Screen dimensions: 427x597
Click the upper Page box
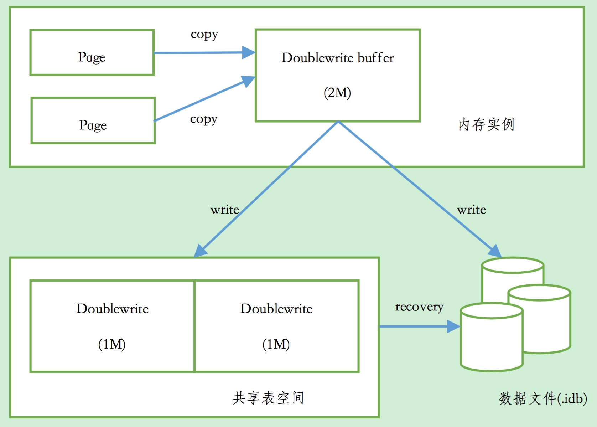[x=92, y=53]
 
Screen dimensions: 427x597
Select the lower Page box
[x=93, y=121]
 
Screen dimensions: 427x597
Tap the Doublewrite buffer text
[x=338, y=58]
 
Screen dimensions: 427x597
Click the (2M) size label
[x=337, y=93]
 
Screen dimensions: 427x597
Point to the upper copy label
[x=204, y=35]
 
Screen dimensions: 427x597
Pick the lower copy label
[x=203, y=119]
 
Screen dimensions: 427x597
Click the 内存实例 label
[x=486, y=124]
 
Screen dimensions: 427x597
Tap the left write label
[x=224, y=210]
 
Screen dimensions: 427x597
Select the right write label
[x=471, y=210]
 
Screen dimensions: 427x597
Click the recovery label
[x=419, y=307]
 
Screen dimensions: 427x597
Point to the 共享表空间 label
[x=268, y=398]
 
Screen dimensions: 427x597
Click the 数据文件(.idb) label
[x=543, y=398]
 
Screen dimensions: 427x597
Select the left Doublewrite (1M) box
[x=113, y=326]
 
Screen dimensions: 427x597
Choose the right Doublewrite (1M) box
[x=277, y=326]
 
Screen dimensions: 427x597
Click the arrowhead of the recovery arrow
[x=454, y=326]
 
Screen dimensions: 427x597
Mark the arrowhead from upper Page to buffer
[x=249, y=52]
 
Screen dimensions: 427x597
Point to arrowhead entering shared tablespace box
[x=200, y=251]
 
